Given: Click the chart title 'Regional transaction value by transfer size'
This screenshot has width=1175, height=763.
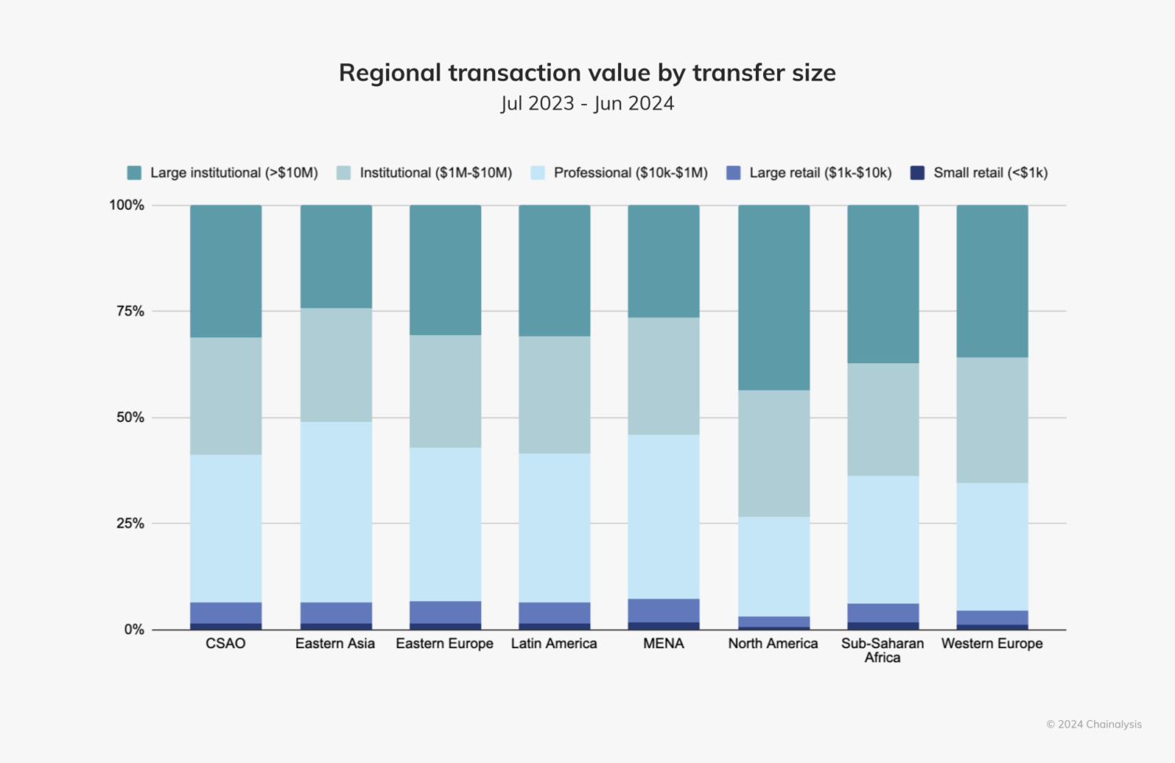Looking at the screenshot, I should (587, 73).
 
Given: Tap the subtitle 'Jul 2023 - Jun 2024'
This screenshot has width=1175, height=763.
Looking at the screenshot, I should (587, 103).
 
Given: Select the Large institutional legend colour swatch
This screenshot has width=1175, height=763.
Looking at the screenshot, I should (134, 173).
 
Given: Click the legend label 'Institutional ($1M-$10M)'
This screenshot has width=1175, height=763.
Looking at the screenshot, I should (436, 173).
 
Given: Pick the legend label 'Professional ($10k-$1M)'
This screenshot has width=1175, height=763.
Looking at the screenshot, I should (630, 173).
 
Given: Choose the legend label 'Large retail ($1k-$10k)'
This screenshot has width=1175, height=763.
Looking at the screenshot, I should (820, 173).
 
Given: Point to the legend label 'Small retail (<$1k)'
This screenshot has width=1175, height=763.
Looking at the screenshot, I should (990, 173).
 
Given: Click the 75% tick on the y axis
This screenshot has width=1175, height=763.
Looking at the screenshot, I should (130, 311).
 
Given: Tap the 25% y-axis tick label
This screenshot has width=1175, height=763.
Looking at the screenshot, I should (130, 524).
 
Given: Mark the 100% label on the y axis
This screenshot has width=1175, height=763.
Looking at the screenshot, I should (127, 205).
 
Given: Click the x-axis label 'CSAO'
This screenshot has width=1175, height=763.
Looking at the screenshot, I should (226, 643).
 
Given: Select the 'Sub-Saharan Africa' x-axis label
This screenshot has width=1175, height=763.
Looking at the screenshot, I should (882, 650).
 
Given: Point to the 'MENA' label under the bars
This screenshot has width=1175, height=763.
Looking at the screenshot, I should (663, 643).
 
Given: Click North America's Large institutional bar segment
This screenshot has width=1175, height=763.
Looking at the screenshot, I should (773, 297).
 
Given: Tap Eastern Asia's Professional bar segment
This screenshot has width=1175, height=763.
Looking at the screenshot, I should (336, 512).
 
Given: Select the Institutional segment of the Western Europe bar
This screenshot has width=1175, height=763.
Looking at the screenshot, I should (992, 419).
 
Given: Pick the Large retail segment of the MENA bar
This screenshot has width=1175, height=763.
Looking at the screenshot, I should (663, 610).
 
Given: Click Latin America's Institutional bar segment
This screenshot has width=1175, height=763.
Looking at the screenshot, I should (555, 394).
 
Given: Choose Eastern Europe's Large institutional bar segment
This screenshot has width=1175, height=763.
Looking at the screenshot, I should (445, 270).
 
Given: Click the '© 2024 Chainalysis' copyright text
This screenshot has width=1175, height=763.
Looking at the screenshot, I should (1094, 725).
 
